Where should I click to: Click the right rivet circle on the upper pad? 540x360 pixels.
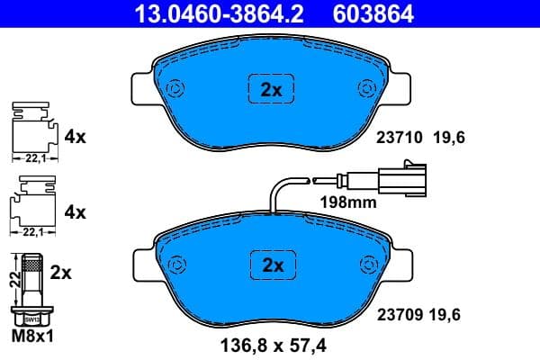click(367, 88)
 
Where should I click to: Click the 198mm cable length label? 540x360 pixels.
click(347, 203)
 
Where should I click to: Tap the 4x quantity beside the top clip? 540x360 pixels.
click(75, 139)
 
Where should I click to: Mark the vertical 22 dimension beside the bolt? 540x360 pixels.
click(12, 278)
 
